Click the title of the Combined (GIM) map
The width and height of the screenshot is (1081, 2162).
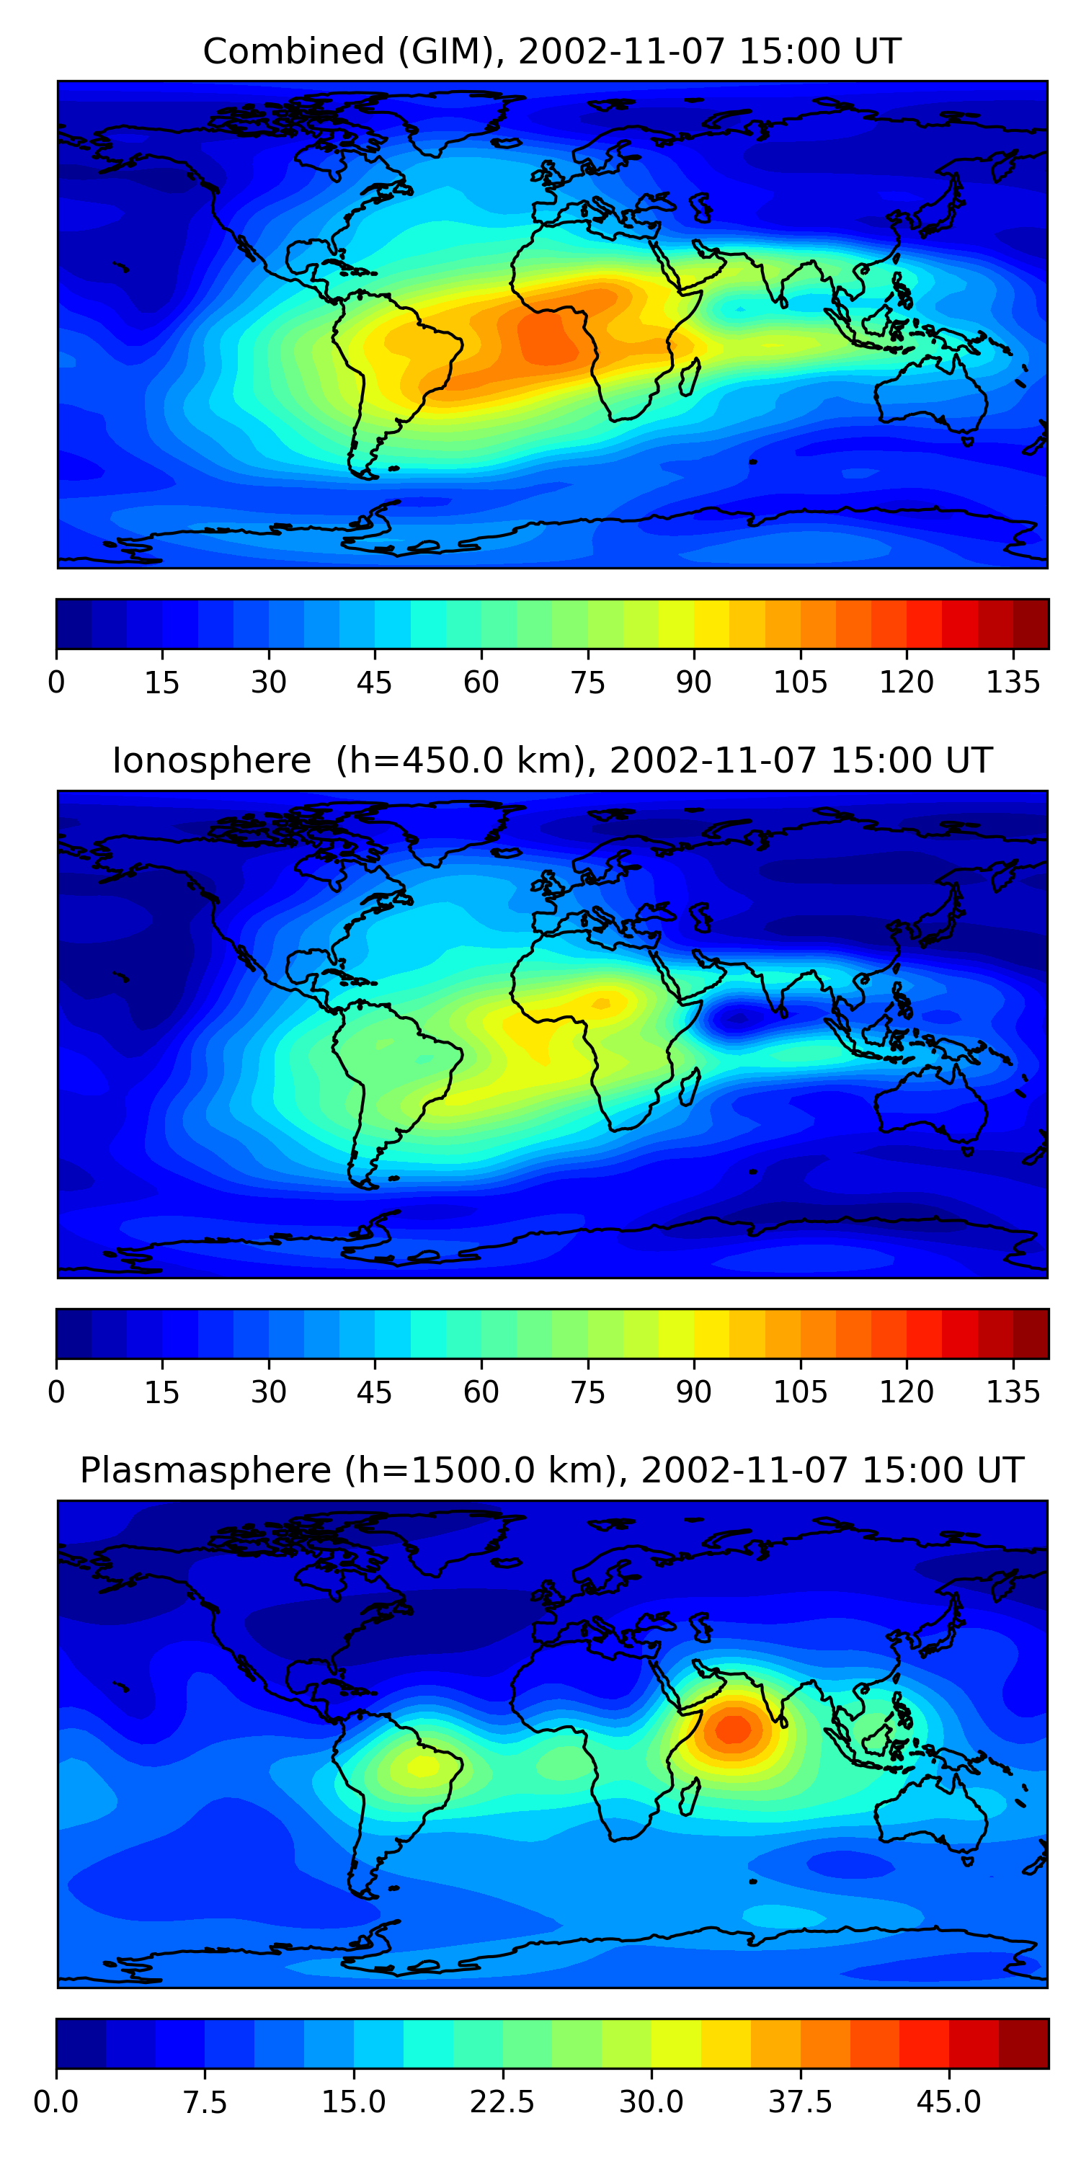click(x=551, y=52)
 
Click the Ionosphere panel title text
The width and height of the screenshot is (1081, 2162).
click(x=551, y=761)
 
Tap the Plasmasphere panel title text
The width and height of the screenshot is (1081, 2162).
click(x=551, y=1470)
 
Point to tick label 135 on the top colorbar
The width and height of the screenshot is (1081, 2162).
click(x=1013, y=682)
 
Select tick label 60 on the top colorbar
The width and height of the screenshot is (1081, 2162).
click(x=481, y=682)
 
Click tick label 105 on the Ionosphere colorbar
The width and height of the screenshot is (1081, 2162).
click(x=800, y=1392)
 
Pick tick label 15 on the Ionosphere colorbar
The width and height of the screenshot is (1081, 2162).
click(x=162, y=1392)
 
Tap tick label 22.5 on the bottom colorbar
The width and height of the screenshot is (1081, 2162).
click(x=502, y=2101)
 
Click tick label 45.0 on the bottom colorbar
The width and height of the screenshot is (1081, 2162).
click(x=948, y=2101)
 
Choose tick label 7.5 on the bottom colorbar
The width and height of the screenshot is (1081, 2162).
click(x=205, y=2101)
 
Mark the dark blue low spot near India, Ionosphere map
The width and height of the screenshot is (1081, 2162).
click(x=737, y=1020)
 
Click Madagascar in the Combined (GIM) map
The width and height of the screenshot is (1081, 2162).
click(x=690, y=378)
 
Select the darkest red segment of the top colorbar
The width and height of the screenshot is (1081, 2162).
click(x=1031, y=623)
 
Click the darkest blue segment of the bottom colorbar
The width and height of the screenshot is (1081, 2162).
click(x=81, y=2044)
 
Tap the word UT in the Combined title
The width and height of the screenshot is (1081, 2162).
click(x=878, y=52)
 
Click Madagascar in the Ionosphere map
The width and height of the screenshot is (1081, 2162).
click(x=690, y=1087)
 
